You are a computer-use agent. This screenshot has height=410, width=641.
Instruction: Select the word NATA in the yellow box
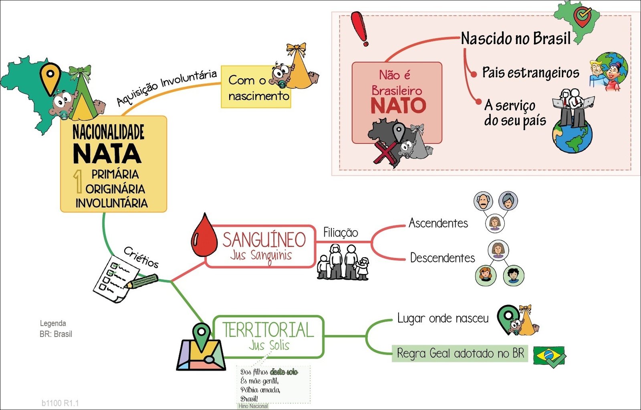[107, 154]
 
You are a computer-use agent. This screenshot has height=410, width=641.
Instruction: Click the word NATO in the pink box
[398, 106]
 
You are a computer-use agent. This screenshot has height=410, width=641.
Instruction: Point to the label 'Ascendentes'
[438, 223]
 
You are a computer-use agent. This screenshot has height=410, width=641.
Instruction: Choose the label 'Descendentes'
[442, 258]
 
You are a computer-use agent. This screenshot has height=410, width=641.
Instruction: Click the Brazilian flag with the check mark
[549, 356]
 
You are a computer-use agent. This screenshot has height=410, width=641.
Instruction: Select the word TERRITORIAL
[268, 330]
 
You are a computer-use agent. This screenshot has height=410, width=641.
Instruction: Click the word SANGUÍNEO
[264, 240]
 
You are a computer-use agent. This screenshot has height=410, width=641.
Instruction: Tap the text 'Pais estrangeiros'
[530, 73]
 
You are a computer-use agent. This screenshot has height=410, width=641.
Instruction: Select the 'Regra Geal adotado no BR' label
[460, 353]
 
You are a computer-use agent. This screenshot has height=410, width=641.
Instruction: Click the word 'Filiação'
[341, 233]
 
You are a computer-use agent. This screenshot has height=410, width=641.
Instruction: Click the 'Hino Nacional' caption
[253, 406]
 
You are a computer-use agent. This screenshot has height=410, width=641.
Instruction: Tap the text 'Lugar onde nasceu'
[443, 319]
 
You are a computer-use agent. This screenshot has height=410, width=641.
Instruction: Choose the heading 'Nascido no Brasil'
[516, 39]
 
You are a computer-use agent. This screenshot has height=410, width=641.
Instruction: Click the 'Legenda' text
[53, 323]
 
